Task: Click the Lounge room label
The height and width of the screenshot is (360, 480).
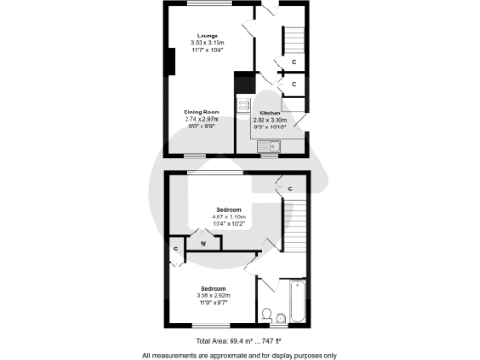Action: [x=209, y=36]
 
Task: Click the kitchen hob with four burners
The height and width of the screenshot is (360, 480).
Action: [x=244, y=106]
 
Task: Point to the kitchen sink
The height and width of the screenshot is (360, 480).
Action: [x=268, y=145]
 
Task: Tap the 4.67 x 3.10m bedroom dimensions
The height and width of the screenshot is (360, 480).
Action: [x=230, y=217]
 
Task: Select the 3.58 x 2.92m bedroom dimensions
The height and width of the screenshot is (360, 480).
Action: [x=214, y=295]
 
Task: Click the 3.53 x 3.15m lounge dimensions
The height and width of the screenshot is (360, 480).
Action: [x=209, y=43]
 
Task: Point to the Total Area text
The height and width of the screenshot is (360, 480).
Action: [x=240, y=342]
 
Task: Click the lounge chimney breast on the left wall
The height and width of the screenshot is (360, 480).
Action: [x=171, y=60]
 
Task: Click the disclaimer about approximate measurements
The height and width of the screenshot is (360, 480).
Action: [x=240, y=355]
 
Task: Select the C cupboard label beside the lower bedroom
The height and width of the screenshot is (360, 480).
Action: [x=175, y=248]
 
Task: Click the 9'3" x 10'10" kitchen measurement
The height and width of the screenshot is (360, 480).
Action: [x=271, y=127]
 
